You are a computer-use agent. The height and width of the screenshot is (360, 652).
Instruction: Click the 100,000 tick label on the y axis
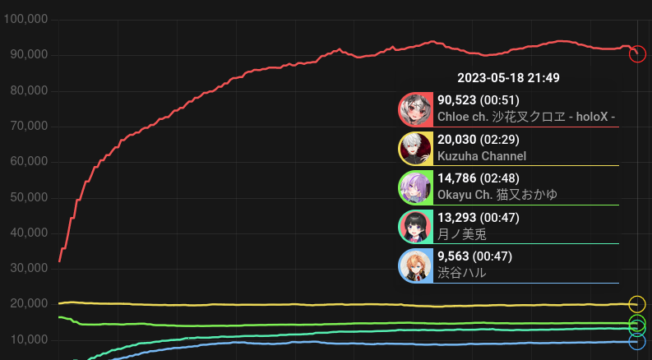point(25,19)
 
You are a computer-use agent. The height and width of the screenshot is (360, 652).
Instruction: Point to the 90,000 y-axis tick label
point(28,54)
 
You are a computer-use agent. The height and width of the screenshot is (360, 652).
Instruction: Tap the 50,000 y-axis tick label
point(28,197)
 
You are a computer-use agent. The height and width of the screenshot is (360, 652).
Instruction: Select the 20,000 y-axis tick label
point(28,304)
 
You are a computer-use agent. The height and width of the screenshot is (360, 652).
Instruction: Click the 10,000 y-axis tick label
point(28,339)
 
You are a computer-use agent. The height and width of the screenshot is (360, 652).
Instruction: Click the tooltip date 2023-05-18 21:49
point(508,78)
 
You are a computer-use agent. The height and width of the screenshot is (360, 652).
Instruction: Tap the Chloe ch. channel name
point(526,117)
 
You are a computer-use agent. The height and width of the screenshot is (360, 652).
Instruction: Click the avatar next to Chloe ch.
point(414,108)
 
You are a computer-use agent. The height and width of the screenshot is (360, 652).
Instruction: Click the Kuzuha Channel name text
point(482,155)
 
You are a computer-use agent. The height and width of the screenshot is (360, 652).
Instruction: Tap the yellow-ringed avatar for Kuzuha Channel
point(414,148)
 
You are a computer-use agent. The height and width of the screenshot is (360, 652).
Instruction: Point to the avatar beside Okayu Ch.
point(414,187)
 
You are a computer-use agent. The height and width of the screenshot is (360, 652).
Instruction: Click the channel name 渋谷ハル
point(461,272)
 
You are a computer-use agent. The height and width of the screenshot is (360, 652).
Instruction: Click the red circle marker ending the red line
point(636,53)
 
